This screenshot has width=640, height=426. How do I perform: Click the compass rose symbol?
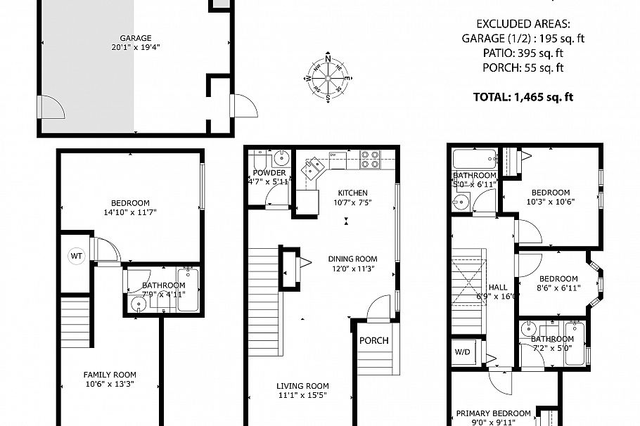click(x=328, y=78)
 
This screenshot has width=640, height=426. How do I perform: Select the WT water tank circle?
click(x=76, y=257)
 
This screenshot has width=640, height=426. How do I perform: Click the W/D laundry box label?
click(x=463, y=351)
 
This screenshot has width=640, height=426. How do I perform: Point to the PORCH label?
click(x=374, y=340)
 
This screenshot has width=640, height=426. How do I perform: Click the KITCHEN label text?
click(x=352, y=193)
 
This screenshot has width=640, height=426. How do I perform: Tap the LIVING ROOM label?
click(x=302, y=386)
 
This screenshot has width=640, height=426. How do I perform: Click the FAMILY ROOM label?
click(x=110, y=375)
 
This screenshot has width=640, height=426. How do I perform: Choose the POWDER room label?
click(x=269, y=173)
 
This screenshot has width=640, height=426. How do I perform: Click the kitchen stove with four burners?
click(x=371, y=160)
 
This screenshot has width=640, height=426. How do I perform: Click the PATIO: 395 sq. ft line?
click(x=523, y=53)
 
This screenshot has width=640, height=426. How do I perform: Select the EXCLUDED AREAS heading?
click(x=523, y=22)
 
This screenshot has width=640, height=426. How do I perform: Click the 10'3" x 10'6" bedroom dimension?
click(x=550, y=202)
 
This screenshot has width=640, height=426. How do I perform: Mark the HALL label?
click(x=498, y=287)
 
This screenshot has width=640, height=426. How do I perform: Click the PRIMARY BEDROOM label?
click(x=493, y=413)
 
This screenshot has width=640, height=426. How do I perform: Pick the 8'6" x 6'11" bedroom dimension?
click(x=559, y=288)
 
